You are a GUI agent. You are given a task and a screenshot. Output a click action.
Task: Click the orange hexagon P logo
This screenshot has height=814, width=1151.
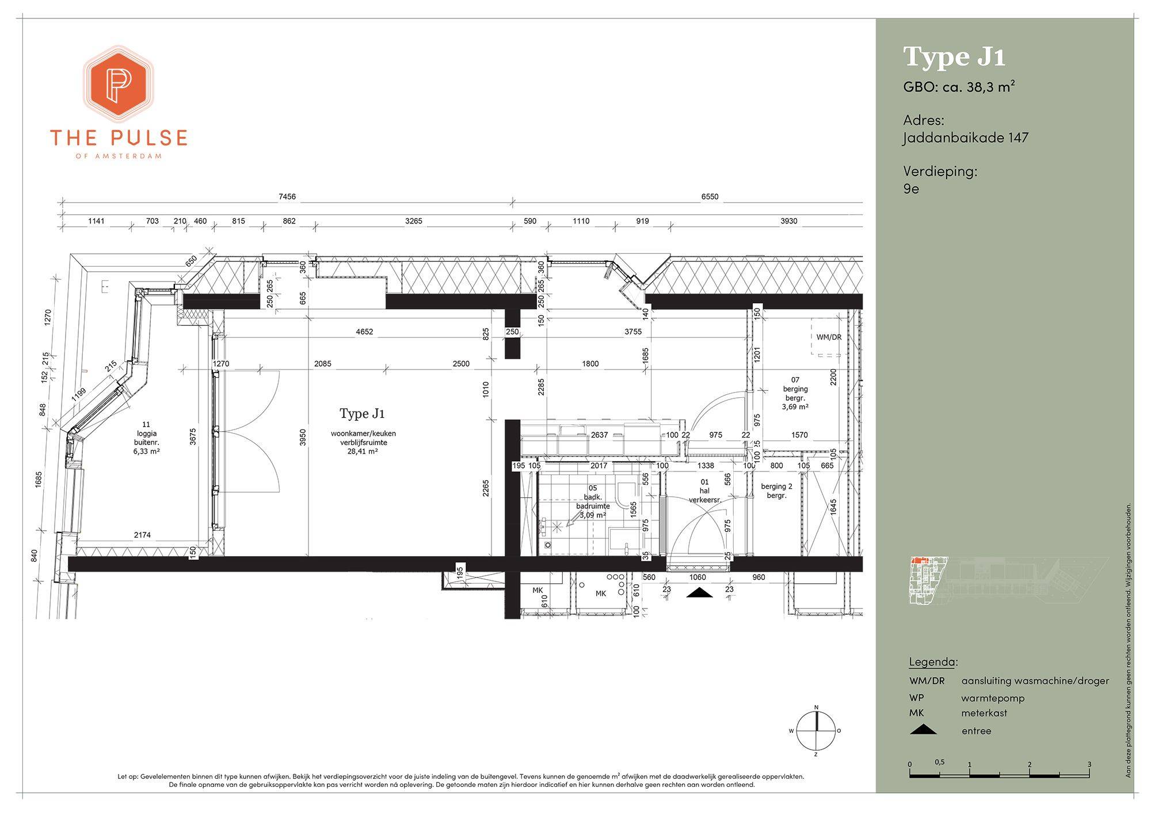119,84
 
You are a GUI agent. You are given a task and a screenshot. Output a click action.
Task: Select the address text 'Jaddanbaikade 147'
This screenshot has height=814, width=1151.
966,138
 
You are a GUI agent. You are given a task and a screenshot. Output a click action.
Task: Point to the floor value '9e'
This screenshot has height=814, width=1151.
911,188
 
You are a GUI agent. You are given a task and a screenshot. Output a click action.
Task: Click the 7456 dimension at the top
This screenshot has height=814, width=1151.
287,197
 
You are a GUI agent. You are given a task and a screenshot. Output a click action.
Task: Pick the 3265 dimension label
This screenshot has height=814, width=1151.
413,221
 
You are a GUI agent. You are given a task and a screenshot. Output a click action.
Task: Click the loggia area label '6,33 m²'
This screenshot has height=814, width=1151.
146,451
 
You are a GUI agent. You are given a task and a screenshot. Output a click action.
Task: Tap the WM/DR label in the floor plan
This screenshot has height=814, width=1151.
829,337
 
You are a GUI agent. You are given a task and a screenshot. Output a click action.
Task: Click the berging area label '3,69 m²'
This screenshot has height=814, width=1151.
795,406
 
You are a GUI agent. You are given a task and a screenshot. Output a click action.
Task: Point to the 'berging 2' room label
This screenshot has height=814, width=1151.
776,486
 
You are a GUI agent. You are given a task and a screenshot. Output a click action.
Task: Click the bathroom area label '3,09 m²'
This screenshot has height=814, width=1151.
593,515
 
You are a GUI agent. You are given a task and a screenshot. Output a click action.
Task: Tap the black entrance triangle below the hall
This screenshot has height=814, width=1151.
699,593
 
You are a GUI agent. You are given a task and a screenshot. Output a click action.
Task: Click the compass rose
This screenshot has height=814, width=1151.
816,731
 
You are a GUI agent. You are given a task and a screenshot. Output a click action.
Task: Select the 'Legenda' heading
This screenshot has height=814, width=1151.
933,662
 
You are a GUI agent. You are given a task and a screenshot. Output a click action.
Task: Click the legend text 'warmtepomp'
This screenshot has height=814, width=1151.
993,698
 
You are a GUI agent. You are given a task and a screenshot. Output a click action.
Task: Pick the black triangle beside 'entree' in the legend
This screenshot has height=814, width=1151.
923,729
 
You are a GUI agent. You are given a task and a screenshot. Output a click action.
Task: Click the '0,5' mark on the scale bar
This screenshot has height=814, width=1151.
939,762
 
